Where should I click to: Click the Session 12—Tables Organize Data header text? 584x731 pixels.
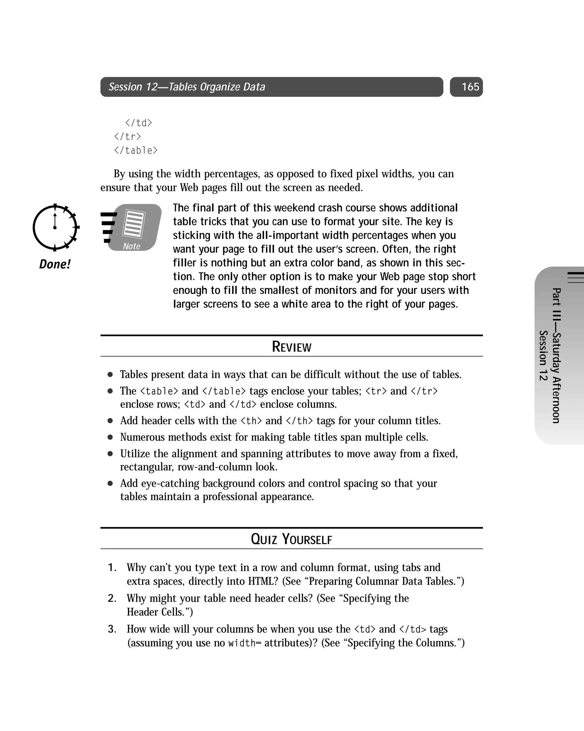[186, 87]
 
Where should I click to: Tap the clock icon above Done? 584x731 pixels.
[55, 227]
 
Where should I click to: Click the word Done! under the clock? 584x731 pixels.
[54, 264]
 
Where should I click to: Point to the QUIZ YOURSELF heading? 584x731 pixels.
[291, 539]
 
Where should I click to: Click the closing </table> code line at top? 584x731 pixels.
[135, 150]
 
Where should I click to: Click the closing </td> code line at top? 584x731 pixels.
[138, 123]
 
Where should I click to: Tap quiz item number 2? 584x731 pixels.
[112, 598]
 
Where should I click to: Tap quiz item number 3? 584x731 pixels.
[112, 629]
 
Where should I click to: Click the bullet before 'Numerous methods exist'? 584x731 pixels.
[110, 437]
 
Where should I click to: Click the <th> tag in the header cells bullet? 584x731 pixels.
[251, 421]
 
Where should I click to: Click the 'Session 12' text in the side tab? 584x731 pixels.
[543, 355]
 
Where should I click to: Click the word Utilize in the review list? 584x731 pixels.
[135, 454]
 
